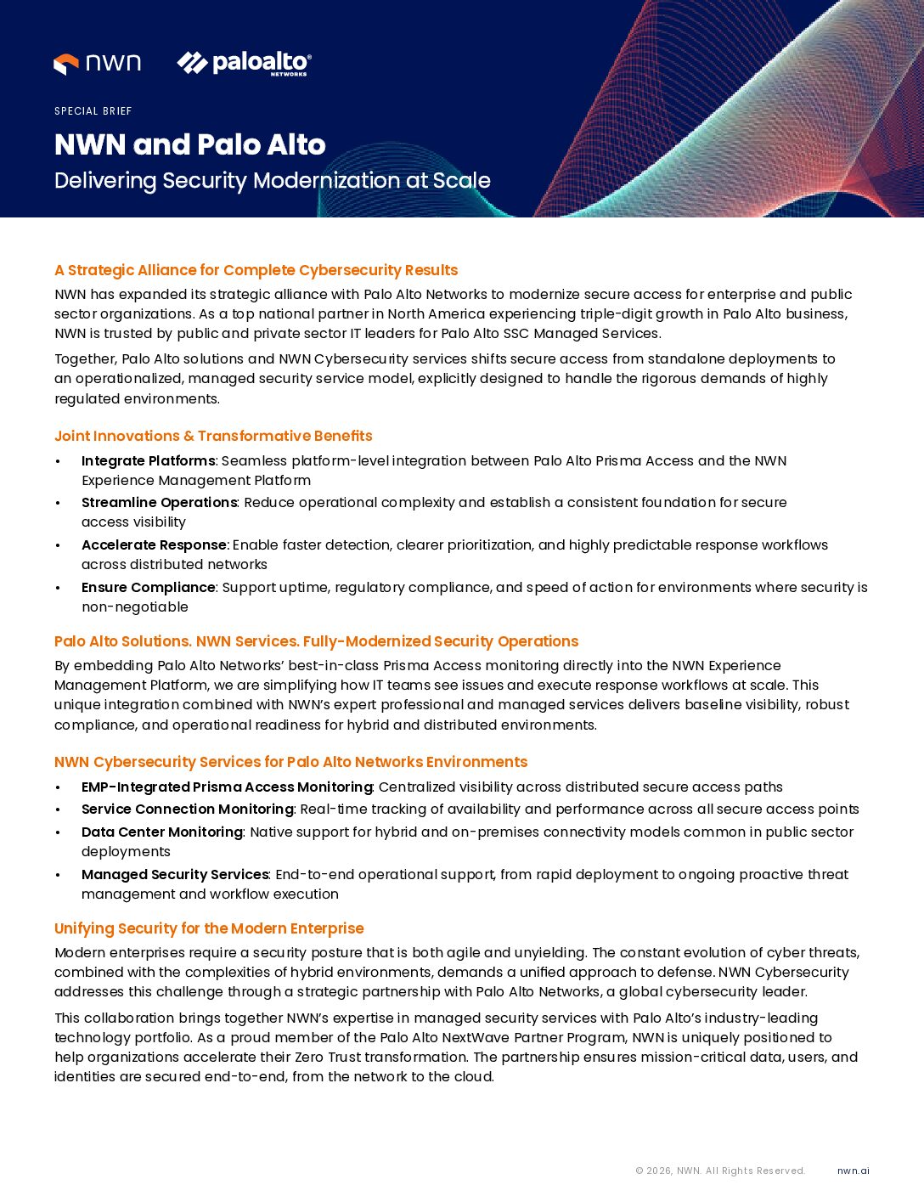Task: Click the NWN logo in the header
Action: point(97,64)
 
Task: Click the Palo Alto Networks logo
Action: point(244,64)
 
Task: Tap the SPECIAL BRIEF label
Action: point(93,111)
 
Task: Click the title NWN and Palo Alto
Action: point(189,144)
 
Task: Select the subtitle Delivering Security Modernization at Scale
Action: point(272,181)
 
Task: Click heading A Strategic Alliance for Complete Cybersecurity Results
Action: point(256,270)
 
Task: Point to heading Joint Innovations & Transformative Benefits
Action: point(213,436)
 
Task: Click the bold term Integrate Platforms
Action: point(148,460)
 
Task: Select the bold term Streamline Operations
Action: point(159,502)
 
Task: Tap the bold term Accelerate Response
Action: point(154,544)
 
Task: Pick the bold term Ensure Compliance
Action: point(148,587)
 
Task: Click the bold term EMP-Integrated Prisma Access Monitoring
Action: point(227,787)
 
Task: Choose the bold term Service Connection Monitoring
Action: point(187,809)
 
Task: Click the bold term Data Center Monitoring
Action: point(161,832)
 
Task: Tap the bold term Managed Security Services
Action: point(174,874)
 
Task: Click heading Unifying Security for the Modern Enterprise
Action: point(209,928)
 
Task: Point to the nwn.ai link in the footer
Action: point(853,1171)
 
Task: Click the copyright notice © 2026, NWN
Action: point(719,1171)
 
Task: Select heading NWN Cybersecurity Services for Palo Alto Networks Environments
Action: point(290,762)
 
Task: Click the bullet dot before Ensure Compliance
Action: point(58,588)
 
